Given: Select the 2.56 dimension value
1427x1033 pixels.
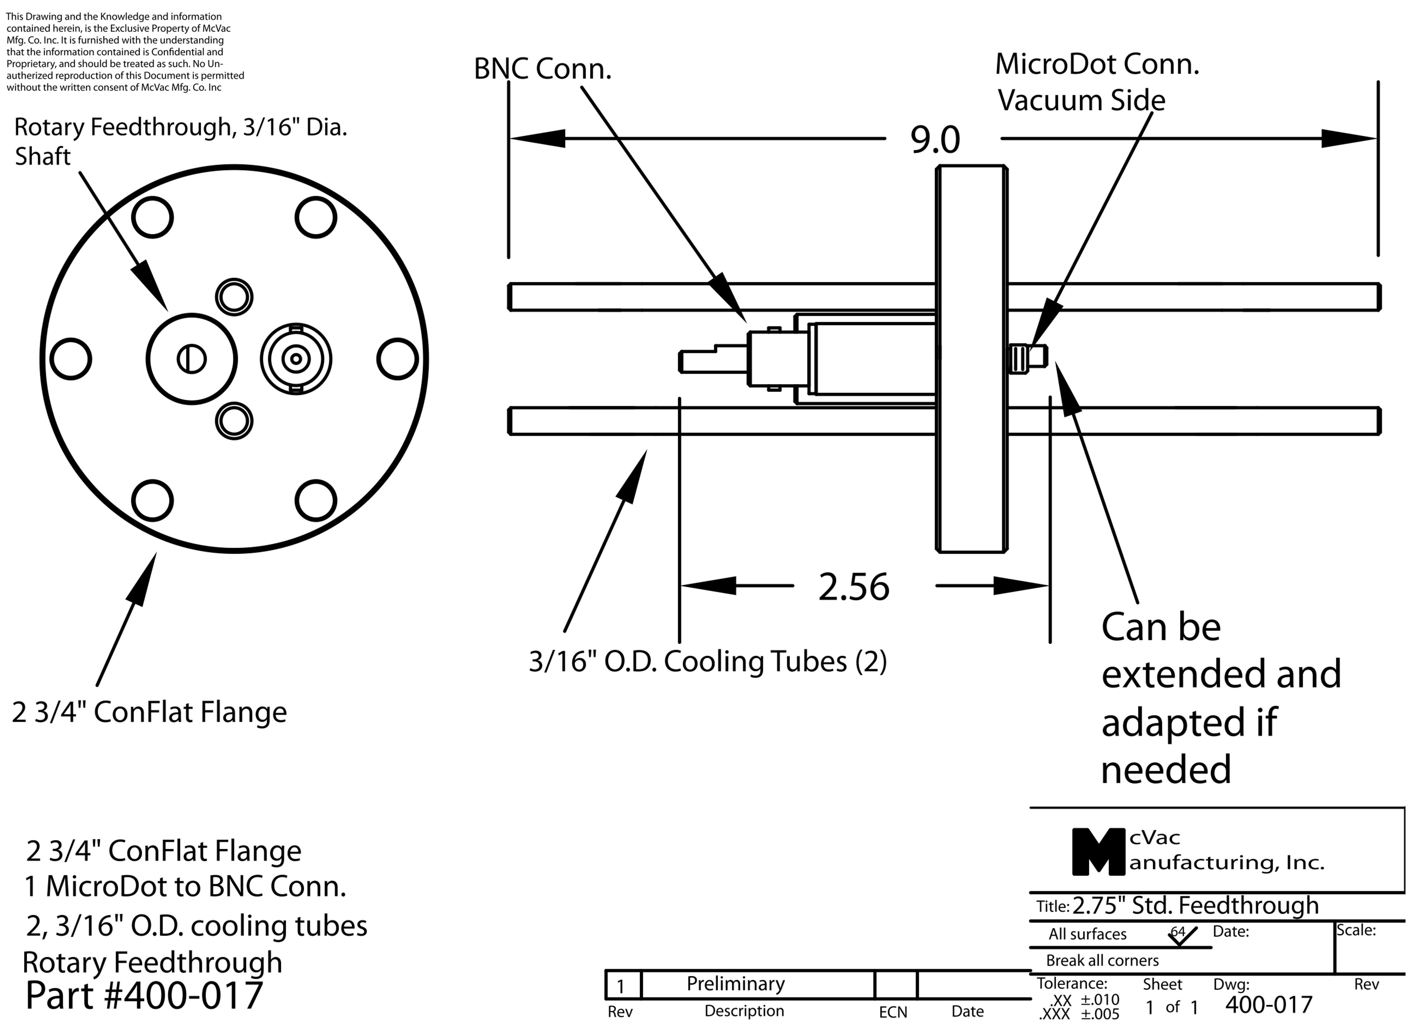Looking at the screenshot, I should coord(854,587).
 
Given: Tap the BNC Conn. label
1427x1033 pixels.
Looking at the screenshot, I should coord(542,69).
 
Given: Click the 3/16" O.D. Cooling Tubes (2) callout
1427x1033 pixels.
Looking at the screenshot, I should coord(708,661).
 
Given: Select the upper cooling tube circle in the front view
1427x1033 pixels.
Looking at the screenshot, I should coord(234,297).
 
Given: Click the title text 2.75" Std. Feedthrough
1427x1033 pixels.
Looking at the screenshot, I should coord(1195,905).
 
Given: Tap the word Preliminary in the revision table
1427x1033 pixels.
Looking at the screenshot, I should coord(736,983).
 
